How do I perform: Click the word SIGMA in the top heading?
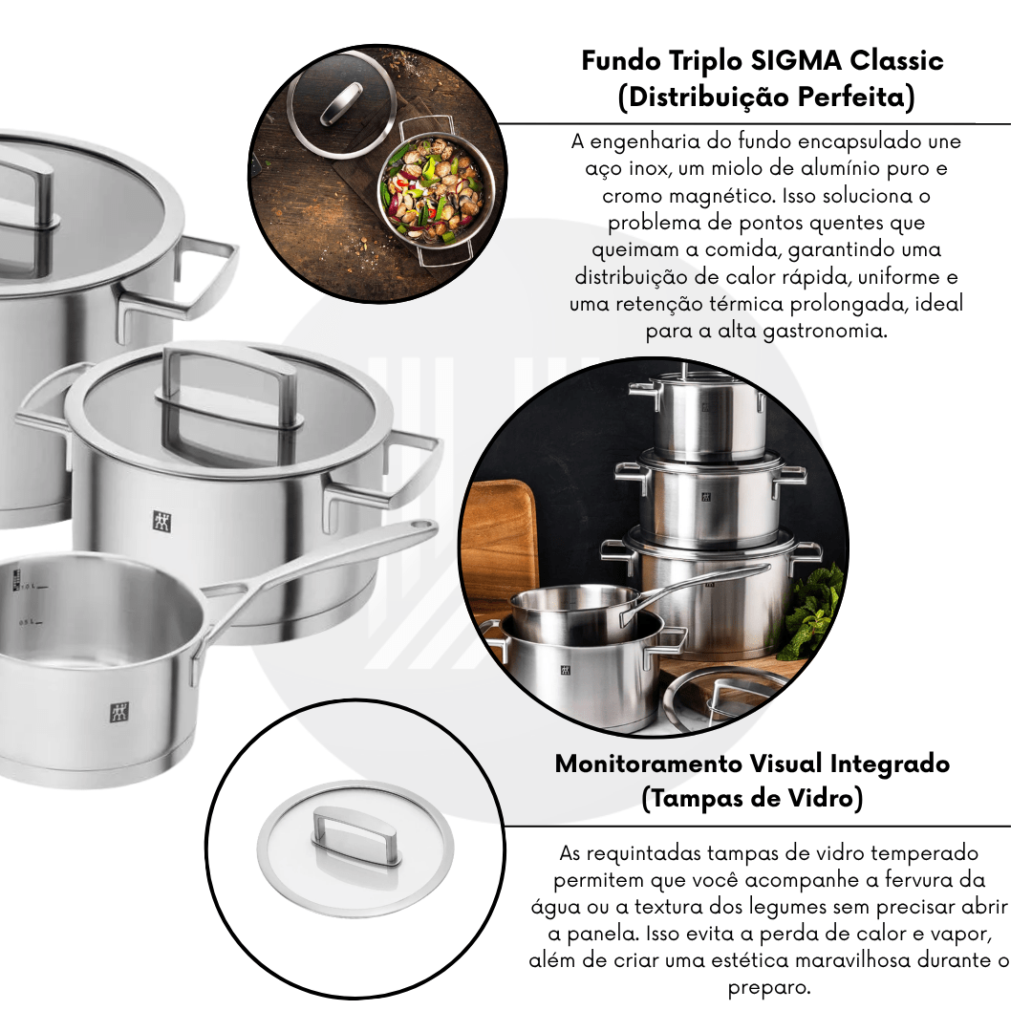[x=796, y=60]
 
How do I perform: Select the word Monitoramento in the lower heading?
[x=649, y=763]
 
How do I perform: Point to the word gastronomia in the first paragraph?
[x=825, y=331]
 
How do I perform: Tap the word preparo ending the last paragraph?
[x=768, y=988]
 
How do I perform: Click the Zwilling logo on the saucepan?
[x=119, y=713]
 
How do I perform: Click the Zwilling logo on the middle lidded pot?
[x=161, y=522]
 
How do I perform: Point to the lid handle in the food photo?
[x=341, y=103]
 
